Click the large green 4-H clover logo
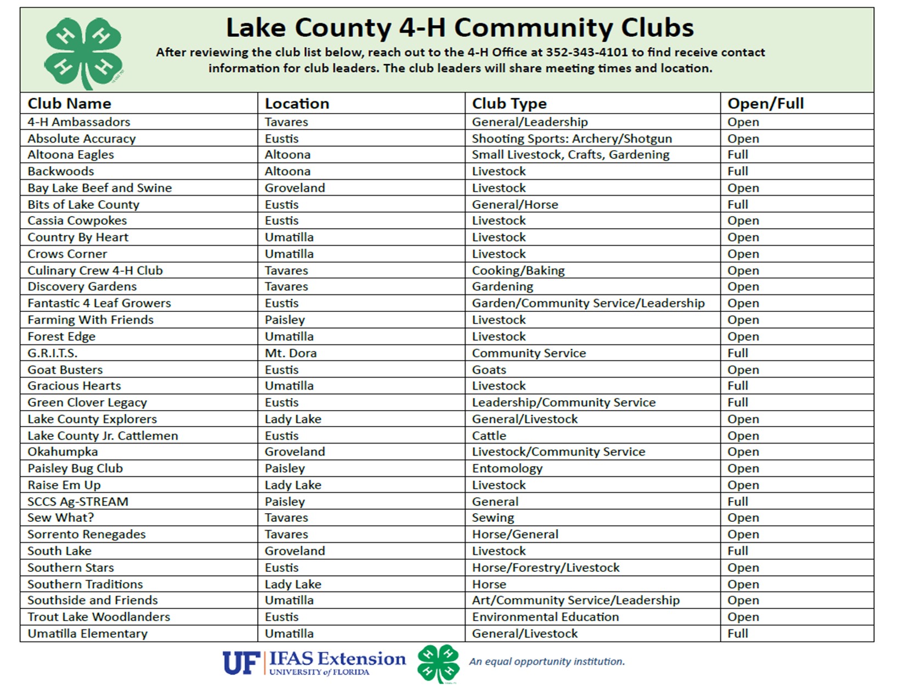pyautogui.click(x=83, y=53)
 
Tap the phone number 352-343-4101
pyautogui.click(x=586, y=53)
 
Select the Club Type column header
pyautogui.click(x=509, y=104)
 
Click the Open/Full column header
pyautogui.click(x=765, y=104)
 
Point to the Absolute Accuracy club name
pyautogui.click(x=82, y=139)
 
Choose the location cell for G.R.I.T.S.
pyautogui.click(x=291, y=353)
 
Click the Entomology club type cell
pyautogui.click(x=507, y=469)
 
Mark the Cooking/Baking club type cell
pyautogui.click(x=518, y=271)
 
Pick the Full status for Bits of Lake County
pyautogui.click(x=738, y=204)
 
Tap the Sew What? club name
pyautogui.click(x=61, y=518)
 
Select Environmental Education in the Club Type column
pyautogui.click(x=545, y=617)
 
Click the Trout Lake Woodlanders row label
pyautogui.click(x=99, y=617)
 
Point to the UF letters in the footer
pyautogui.click(x=241, y=663)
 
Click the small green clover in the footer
pyautogui.click(x=438, y=663)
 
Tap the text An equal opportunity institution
pyautogui.click(x=547, y=662)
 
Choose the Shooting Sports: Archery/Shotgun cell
pyautogui.click(x=572, y=139)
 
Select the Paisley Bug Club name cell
pyautogui.click(x=75, y=469)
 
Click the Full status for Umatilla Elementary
pyautogui.click(x=738, y=634)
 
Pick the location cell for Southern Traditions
pyautogui.click(x=293, y=584)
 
